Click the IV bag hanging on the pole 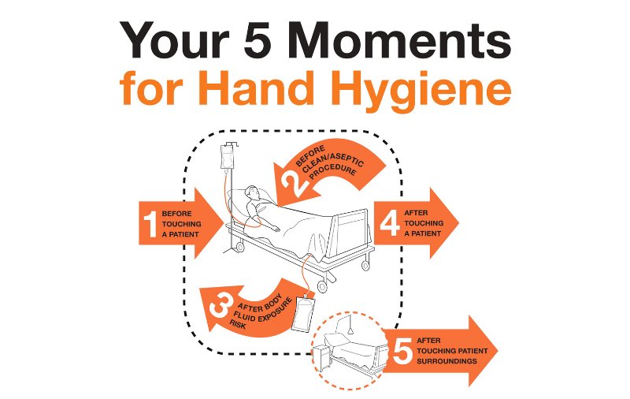tap(228, 157)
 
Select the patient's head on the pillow tap(252, 193)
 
